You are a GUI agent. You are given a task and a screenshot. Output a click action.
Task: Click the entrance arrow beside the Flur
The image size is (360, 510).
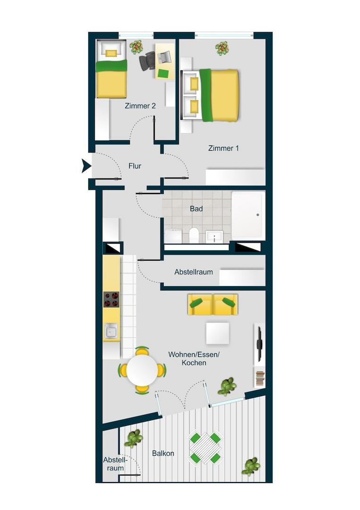coord(86,166)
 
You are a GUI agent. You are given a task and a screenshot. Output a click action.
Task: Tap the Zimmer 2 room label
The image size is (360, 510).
coord(140,106)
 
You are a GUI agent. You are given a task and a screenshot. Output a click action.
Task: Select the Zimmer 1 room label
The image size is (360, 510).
coord(223,148)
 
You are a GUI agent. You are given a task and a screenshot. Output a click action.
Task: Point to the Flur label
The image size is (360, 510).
coord(135,166)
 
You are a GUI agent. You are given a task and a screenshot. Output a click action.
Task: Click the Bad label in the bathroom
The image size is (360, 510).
coord(196,209)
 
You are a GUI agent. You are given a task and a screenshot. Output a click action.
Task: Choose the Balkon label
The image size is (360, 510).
coord(163,453)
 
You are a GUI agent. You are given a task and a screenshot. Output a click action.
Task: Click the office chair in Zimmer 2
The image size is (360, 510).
coord(148,60)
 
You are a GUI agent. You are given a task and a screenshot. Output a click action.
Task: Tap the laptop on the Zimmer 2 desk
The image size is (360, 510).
coord(164,57)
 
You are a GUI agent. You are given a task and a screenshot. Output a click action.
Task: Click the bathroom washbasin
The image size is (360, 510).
coord(214,237)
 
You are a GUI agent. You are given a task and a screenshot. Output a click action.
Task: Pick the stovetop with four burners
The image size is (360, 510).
coord(111,299)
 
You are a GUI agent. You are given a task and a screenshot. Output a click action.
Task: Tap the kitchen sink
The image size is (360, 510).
coord(111,331)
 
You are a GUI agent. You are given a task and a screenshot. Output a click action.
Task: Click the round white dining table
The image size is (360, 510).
coord(142,370)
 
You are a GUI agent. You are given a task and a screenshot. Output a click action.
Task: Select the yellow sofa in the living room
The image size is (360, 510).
coord(212,305)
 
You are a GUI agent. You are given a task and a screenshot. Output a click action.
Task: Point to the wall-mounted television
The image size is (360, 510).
coord(259,344)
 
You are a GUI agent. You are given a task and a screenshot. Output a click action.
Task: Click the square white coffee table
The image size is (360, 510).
coord(218,333)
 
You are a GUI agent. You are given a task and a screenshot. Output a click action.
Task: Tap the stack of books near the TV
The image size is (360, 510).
coord(260,378)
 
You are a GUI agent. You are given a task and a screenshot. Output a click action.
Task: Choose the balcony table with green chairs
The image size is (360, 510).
coord(205,447)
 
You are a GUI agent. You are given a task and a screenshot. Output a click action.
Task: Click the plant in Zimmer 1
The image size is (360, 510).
coord(222,48)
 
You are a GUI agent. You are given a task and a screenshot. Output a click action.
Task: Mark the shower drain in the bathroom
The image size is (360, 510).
coord(258,215)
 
